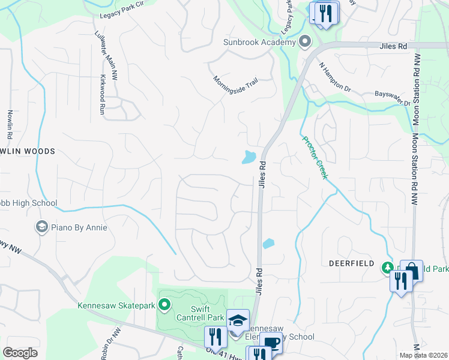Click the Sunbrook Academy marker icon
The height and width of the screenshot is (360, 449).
(x=305, y=42)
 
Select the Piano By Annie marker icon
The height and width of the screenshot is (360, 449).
(x=41, y=227)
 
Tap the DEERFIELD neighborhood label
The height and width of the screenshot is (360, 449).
(x=351, y=263)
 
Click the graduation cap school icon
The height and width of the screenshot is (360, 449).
(x=238, y=321)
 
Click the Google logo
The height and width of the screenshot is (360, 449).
(x=20, y=353)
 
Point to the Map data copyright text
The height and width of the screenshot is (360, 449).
(x=423, y=355)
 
